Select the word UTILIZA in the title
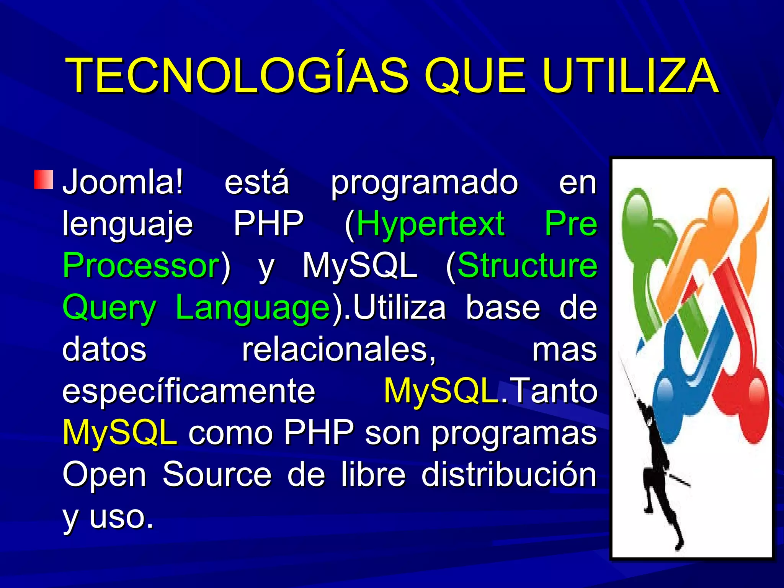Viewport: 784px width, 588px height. tap(630, 75)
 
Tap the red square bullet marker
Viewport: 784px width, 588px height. tap(43, 180)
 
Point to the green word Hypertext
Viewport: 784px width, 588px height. tap(430, 224)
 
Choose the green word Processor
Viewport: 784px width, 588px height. tap(141, 265)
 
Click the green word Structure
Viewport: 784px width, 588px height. tap(527, 265)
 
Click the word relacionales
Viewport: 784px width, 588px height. tap(339, 349)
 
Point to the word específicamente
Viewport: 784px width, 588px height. tap(189, 391)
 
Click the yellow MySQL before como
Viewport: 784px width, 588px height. tap(120, 433)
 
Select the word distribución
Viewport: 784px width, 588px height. tap(509, 475)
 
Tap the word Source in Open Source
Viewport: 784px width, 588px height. tap(217, 475)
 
